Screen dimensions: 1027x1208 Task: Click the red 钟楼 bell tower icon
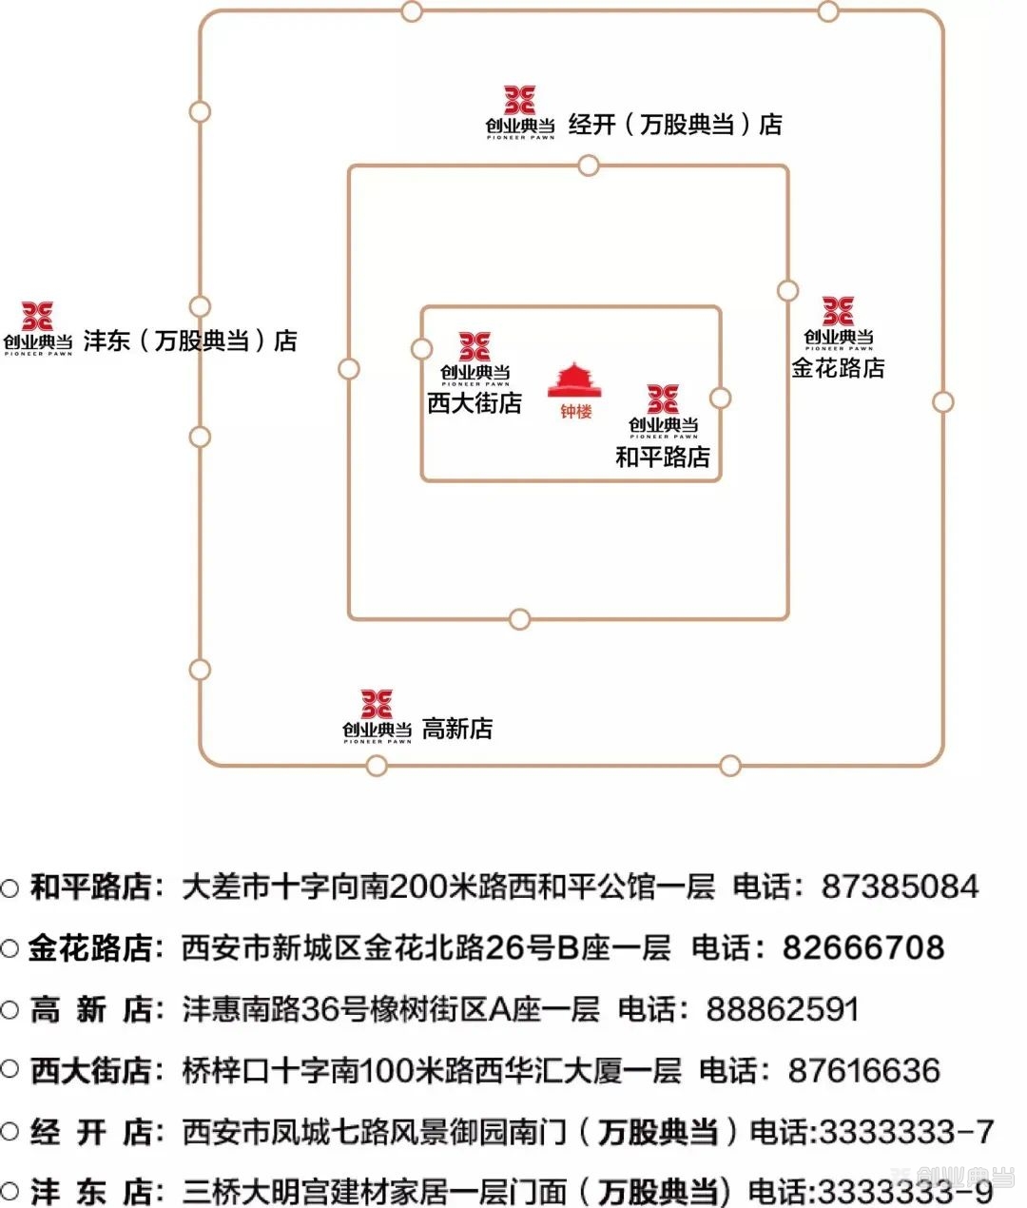pyautogui.click(x=574, y=380)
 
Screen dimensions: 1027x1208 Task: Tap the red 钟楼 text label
pyautogui.click(x=576, y=412)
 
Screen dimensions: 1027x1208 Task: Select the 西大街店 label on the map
pyautogui.click(x=475, y=403)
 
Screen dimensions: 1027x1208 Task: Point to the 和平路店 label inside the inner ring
pyautogui.click(x=663, y=457)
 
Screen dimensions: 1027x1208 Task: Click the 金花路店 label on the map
pyautogui.click(x=838, y=367)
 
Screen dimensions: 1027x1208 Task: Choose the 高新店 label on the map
pyautogui.click(x=457, y=729)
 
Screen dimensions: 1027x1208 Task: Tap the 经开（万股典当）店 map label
pyautogui.click(x=675, y=125)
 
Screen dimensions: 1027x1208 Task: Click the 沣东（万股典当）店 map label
pyautogui.click(x=190, y=341)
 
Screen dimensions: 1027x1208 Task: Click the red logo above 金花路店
pyautogui.click(x=839, y=311)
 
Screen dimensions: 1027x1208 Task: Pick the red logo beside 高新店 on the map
pyautogui.click(x=377, y=704)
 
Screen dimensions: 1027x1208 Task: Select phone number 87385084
pyautogui.click(x=901, y=887)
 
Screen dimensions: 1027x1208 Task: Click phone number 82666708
pyautogui.click(x=863, y=948)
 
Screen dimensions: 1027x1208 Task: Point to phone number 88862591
pyautogui.click(x=783, y=1009)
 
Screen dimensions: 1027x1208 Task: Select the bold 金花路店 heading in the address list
pyautogui.click(x=90, y=948)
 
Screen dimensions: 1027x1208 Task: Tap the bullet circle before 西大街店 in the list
pyautogui.click(x=10, y=1069)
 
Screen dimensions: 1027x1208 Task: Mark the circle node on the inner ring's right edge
pyautogui.click(x=720, y=398)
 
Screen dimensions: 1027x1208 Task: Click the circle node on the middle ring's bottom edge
pyautogui.click(x=519, y=619)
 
